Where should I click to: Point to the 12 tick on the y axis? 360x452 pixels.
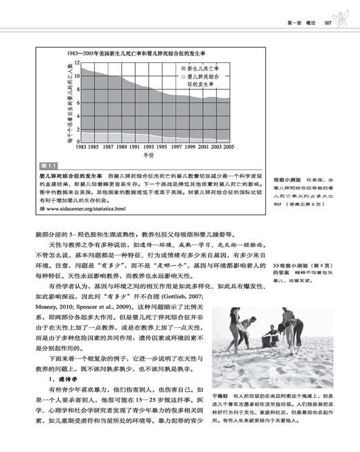point(77,62)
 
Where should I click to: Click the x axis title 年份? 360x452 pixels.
point(154,156)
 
